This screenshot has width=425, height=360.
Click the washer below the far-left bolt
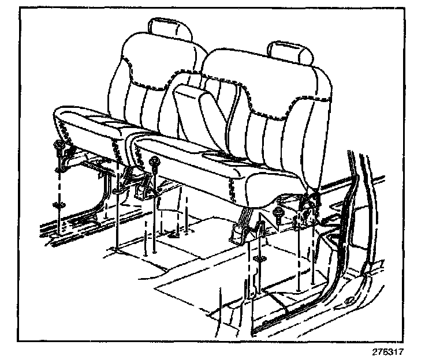(x=58, y=205)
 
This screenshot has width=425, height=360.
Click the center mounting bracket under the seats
(x=140, y=185)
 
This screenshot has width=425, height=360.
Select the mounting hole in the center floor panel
(x=174, y=233)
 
